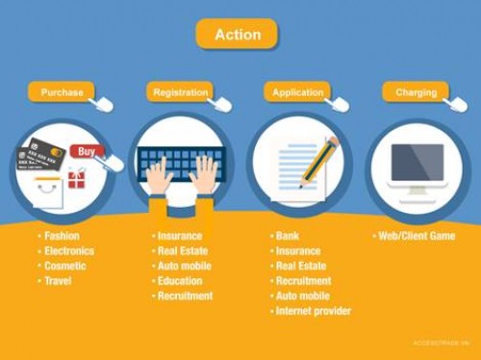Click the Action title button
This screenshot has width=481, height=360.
pyautogui.click(x=237, y=35)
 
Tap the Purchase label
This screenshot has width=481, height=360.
pyautogui.click(x=62, y=92)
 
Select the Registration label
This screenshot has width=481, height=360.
pyautogui.click(x=180, y=92)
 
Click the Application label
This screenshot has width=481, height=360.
pyautogui.click(x=297, y=92)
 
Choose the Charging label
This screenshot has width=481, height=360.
pyautogui.click(x=416, y=92)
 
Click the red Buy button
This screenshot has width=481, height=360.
pyautogui.click(x=87, y=151)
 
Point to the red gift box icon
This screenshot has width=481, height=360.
pyautogui.click(x=76, y=179)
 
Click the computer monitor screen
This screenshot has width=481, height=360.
pyautogui.click(x=418, y=163)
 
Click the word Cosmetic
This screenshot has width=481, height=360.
pyautogui.click(x=65, y=266)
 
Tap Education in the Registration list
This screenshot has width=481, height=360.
pyautogui.click(x=184, y=281)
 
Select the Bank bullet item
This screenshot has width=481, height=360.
pyautogui.click(x=288, y=236)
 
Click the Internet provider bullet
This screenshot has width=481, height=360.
pyautogui.click(x=313, y=311)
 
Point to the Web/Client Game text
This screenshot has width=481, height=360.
pyautogui.click(x=417, y=236)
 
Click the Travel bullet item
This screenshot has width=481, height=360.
pyautogui.click(x=57, y=281)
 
